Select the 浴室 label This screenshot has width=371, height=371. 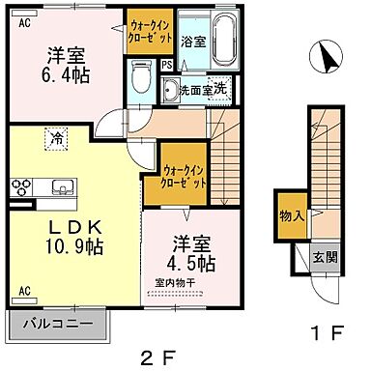pyautogui.click(x=192, y=42)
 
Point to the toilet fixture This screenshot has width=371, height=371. pyautogui.click(x=142, y=77)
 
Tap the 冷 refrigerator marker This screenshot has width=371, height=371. pyautogui.click(x=49, y=137)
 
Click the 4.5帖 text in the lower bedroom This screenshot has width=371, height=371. pyautogui.click(x=193, y=263)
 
